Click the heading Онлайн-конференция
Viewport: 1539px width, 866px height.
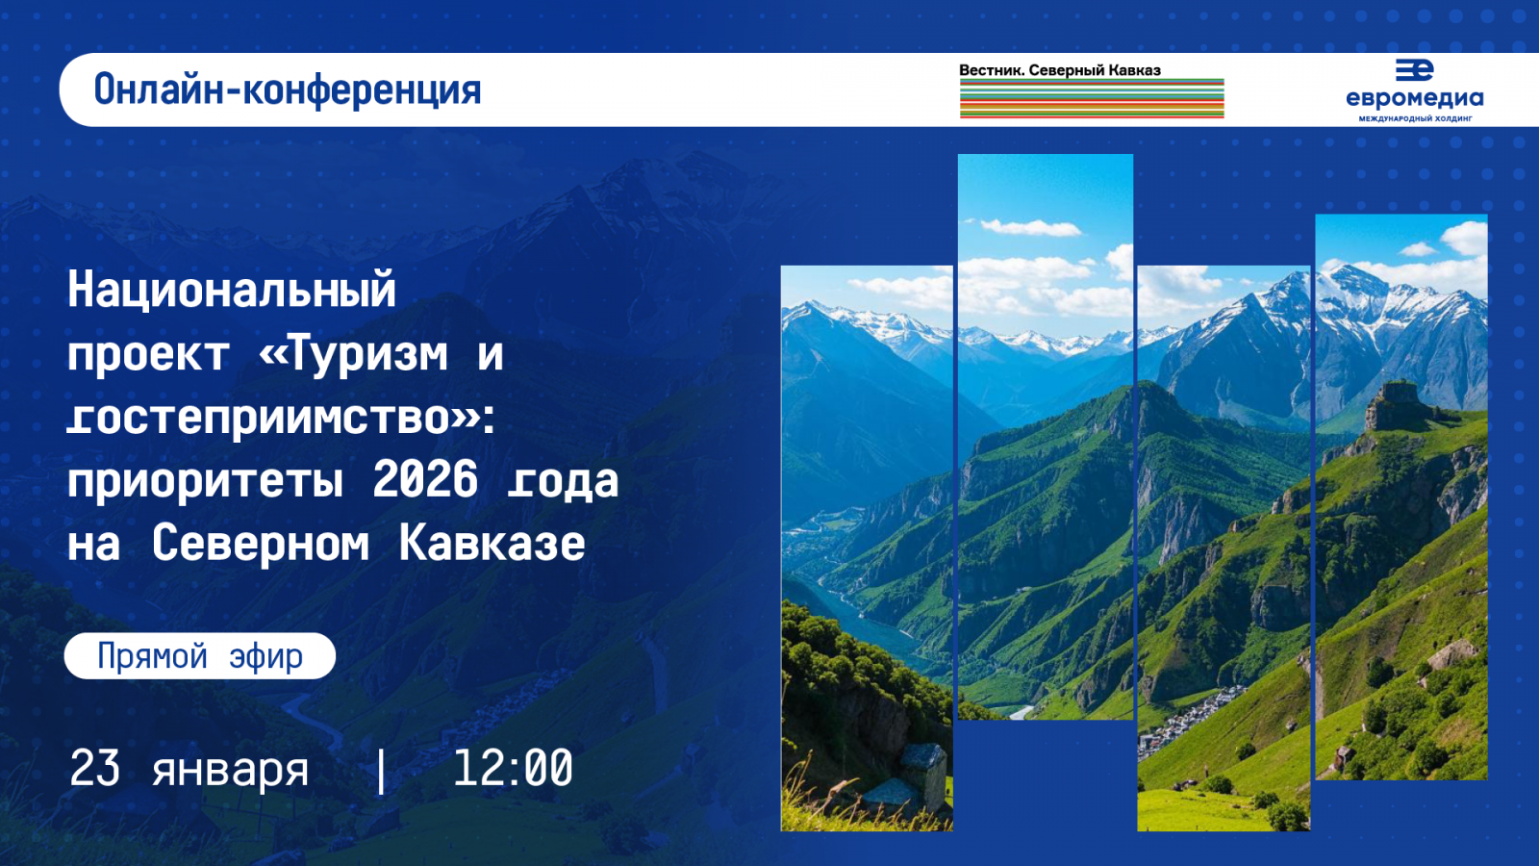click(x=287, y=89)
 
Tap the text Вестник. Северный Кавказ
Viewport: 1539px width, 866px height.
click(x=1059, y=70)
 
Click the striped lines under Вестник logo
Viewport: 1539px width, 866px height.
click(x=1091, y=99)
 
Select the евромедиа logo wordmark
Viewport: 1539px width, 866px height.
click(x=1414, y=98)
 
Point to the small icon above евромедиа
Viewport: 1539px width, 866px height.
click(x=1414, y=69)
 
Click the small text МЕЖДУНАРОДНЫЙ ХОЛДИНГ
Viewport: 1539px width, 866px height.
click(x=1415, y=119)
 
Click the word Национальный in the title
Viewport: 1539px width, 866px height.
click(x=232, y=290)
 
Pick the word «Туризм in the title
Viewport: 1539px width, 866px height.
click(x=353, y=353)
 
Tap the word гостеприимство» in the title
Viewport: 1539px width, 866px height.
click(x=273, y=418)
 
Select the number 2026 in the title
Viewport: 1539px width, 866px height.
click(x=425, y=479)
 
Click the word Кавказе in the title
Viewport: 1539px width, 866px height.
click(x=492, y=543)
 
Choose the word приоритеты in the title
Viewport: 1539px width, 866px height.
click(x=205, y=479)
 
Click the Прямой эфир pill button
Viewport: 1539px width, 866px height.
click(x=200, y=656)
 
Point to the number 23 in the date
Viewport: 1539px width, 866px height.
click(x=95, y=769)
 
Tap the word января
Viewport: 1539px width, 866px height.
click(x=230, y=771)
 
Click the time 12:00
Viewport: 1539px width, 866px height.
click(x=513, y=769)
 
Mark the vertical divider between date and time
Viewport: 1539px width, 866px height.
click(x=382, y=770)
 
